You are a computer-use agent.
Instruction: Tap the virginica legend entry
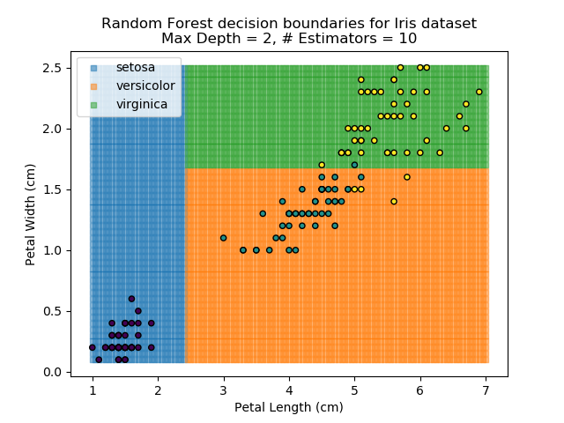click(x=142, y=105)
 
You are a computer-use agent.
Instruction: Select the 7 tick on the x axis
click(x=486, y=376)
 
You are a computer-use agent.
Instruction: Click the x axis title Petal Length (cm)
click(x=288, y=407)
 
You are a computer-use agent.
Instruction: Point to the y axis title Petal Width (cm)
click(x=30, y=218)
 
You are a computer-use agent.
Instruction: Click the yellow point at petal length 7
click(x=479, y=92)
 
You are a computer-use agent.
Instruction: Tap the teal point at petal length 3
click(x=223, y=238)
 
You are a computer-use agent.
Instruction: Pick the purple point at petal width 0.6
click(x=131, y=299)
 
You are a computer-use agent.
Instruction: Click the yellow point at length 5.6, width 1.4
click(x=394, y=201)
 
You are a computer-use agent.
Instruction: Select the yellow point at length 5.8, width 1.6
click(x=407, y=177)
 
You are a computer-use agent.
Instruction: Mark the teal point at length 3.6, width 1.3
click(x=263, y=213)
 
